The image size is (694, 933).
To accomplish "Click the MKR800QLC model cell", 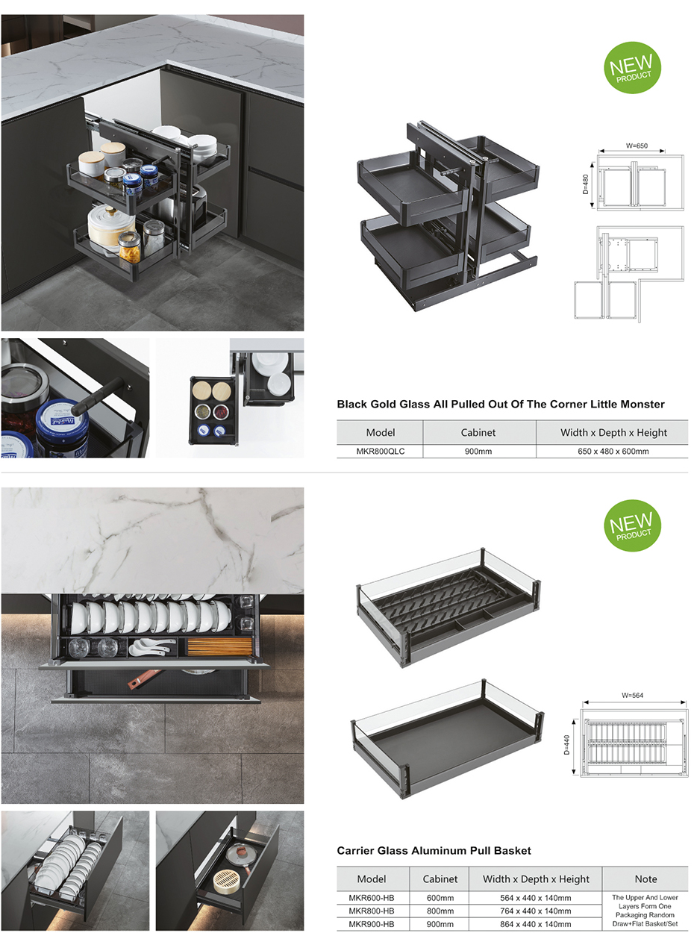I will pos(380,451).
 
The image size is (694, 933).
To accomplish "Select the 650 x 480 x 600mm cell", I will pos(614,451).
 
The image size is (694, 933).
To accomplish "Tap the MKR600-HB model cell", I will pos(372,898).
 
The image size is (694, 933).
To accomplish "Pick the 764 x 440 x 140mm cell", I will pos(536,911).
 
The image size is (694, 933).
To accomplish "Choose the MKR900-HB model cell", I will pos(372,924).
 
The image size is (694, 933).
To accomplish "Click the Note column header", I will pos(645,879).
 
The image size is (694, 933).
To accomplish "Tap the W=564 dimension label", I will pos(632,695).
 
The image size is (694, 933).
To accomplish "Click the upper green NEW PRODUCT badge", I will pos(632,67).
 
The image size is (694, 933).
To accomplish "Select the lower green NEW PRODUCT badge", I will pos(632,525).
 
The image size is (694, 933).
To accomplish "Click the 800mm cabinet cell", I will pos(440,911).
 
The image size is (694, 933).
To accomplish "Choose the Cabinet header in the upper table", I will pos(478,432).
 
